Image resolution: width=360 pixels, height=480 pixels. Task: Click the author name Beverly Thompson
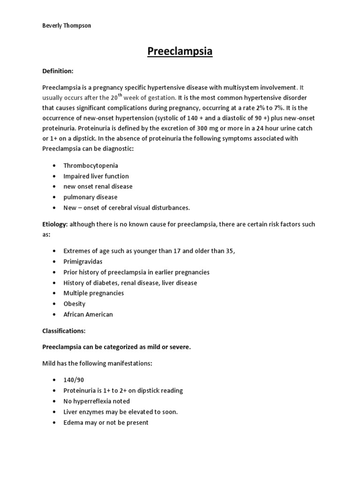pyautogui.click(x=67, y=26)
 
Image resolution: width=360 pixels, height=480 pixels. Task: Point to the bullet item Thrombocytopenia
pyautogui.click(x=90, y=165)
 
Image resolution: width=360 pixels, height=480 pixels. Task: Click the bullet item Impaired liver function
pyautogui.click(x=96, y=176)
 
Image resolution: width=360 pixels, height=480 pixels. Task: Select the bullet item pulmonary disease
pyautogui.click(x=90, y=197)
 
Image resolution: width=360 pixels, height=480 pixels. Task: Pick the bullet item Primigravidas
pyautogui.click(x=83, y=262)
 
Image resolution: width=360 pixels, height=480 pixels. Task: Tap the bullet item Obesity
pyautogui.click(x=75, y=303)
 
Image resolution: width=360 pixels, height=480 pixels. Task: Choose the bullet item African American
pyautogui.click(x=88, y=314)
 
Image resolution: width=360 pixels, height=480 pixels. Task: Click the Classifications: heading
pyautogui.click(x=64, y=331)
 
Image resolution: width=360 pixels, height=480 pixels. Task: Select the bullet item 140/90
pyautogui.click(x=74, y=380)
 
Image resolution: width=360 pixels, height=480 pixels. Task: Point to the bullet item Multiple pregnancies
pyautogui.click(x=94, y=293)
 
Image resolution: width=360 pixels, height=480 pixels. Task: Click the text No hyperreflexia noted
pyautogui.click(x=97, y=401)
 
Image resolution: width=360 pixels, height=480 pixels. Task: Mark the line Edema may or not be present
pyautogui.click(x=106, y=422)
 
